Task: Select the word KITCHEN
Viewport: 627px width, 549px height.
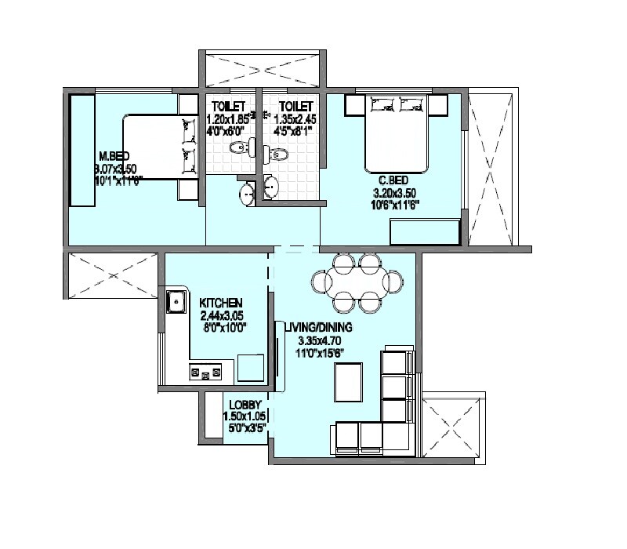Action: click(x=221, y=303)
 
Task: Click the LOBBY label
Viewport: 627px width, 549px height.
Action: click(x=245, y=405)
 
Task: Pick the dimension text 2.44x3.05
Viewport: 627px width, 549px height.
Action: click(x=222, y=315)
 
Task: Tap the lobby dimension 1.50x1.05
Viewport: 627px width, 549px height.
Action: click(x=245, y=416)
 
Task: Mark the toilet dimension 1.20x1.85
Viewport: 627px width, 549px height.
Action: click(x=227, y=119)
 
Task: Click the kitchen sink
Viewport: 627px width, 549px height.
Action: click(x=177, y=299)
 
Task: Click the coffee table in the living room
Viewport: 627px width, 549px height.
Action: click(x=349, y=380)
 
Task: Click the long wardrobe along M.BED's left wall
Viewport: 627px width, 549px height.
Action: click(x=82, y=150)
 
